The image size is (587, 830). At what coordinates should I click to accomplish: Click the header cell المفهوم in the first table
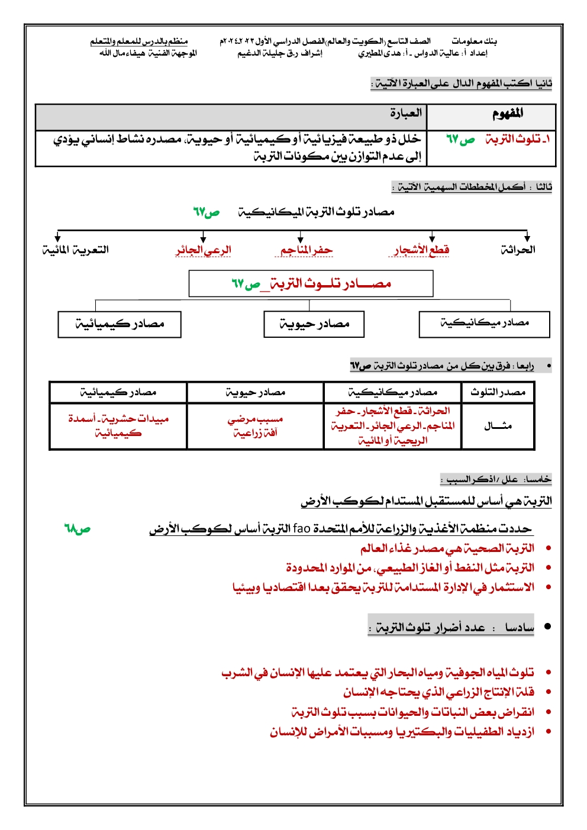coord(507,114)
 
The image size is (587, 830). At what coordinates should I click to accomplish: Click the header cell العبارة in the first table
coord(405,113)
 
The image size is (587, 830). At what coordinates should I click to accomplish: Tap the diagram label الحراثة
coord(518,250)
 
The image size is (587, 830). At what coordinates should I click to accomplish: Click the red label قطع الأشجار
coord(422,250)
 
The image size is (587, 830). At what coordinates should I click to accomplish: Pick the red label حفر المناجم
coord(307,250)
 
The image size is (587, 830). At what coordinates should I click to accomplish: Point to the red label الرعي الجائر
coord(203,250)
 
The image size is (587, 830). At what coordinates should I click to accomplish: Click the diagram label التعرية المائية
coord(75,250)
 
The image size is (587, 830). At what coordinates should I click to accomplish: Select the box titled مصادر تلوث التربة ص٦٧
coord(311,284)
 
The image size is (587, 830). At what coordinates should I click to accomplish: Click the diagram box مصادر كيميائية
coord(120,324)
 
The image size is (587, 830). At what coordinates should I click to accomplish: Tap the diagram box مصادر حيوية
coord(314,324)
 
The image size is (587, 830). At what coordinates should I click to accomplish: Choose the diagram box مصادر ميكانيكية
coord(484,324)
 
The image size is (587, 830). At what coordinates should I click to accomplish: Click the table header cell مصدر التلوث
coord(498,392)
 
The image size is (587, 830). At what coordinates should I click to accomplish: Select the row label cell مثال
coord(498,426)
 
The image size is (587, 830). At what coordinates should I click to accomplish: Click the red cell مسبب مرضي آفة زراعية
coord(255,426)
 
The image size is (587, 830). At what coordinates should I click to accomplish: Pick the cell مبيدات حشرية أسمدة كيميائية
coord(118,426)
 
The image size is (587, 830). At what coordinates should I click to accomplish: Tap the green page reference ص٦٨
coord(77,528)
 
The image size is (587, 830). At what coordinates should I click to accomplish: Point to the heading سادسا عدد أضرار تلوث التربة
coord(451,626)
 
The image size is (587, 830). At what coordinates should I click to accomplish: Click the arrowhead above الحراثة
coord(527,238)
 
